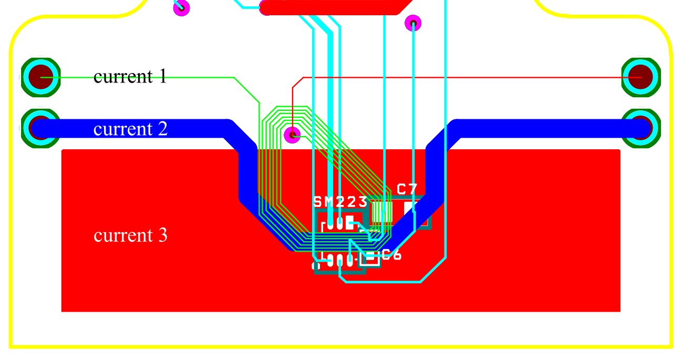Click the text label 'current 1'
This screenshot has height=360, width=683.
(130, 76)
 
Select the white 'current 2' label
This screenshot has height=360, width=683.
(130, 129)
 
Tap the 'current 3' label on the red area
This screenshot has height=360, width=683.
(130, 235)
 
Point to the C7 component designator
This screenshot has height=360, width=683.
(407, 189)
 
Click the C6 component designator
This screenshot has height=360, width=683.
(391, 255)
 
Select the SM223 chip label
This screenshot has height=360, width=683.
(340, 202)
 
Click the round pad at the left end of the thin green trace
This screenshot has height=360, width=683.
(40, 77)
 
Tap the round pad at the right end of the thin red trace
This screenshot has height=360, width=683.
(641, 77)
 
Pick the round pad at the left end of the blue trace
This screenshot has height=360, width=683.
(40, 128)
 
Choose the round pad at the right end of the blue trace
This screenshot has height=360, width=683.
(641, 128)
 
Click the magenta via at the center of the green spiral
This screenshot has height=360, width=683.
(292, 135)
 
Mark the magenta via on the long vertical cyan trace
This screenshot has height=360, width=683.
(413, 23)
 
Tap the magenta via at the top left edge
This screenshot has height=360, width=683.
(181, 8)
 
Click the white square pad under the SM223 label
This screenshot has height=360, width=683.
(349, 222)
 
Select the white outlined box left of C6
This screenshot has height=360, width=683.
(369, 258)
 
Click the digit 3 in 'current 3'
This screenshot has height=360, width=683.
(163, 235)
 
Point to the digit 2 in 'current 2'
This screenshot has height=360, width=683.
(163, 128)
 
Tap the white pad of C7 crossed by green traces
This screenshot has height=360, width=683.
(382, 212)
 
